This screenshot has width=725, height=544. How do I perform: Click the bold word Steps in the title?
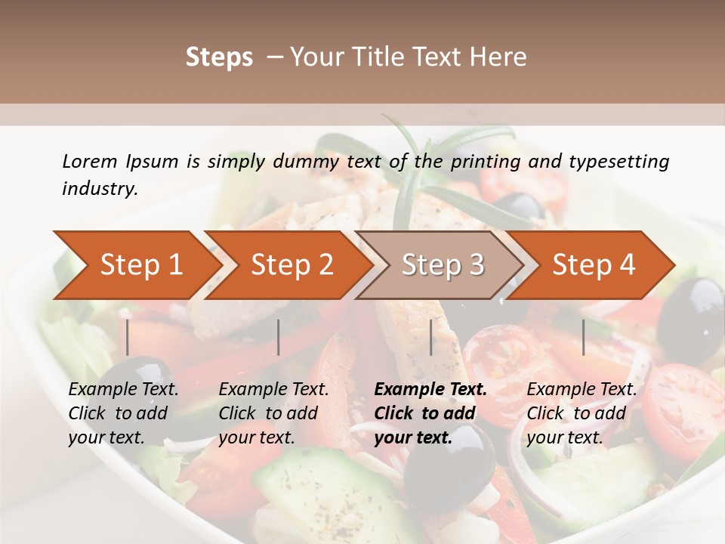[219, 57]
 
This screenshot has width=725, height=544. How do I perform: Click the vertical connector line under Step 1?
[128, 337]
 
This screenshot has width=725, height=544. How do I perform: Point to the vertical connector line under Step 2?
[279, 337]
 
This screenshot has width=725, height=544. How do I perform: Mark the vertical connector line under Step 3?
[430, 337]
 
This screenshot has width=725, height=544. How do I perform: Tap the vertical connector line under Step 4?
[583, 337]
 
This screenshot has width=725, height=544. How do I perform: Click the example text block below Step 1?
[123, 413]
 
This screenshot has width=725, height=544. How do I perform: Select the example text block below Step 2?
[273, 413]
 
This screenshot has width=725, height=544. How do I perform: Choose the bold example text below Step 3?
[430, 413]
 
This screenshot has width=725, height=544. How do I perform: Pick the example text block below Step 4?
[582, 413]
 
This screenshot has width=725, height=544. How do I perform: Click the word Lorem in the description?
[90, 161]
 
